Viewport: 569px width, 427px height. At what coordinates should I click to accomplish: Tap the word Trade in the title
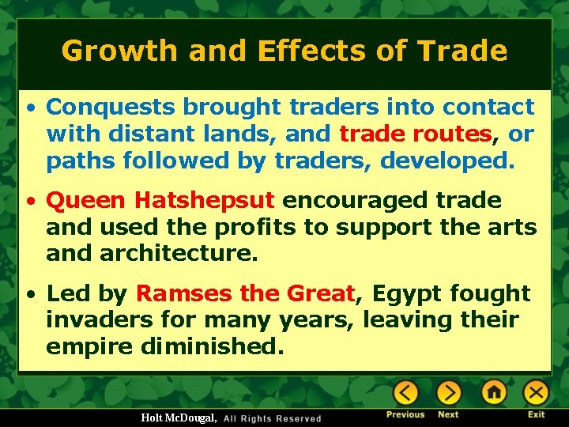click(x=462, y=51)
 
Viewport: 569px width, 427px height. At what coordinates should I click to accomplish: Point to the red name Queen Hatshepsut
click(x=160, y=200)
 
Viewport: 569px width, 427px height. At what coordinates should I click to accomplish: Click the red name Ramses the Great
click(x=246, y=293)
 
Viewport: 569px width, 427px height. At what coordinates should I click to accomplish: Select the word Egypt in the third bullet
click(x=407, y=293)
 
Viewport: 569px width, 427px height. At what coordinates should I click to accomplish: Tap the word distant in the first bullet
click(x=153, y=134)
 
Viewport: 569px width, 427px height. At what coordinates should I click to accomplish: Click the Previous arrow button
click(x=406, y=392)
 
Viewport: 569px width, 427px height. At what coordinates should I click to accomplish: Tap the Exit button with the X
click(x=537, y=392)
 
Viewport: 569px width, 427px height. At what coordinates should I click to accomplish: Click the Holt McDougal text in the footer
click(x=179, y=418)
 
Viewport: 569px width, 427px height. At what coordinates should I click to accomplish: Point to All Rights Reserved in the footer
click(x=273, y=418)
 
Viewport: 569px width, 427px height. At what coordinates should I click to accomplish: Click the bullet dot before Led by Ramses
click(x=29, y=294)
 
